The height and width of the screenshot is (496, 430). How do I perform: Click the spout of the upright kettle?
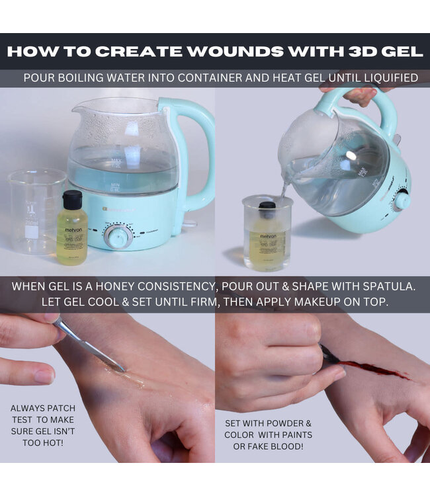[83, 108]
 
